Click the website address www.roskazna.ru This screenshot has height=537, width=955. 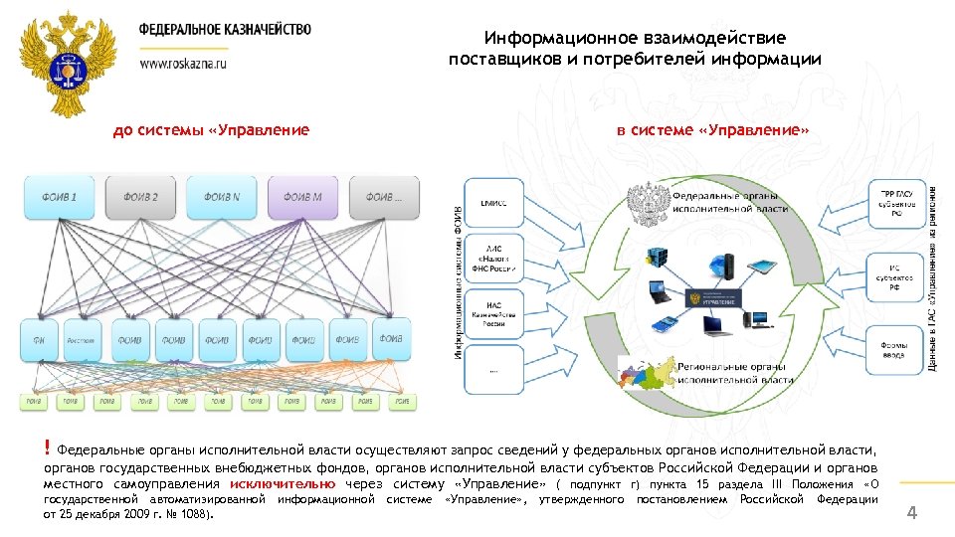[x=184, y=62]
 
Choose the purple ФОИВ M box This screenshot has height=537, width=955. [x=303, y=198]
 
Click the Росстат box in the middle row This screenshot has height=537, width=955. [x=81, y=340]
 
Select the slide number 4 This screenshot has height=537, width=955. [x=911, y=513]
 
